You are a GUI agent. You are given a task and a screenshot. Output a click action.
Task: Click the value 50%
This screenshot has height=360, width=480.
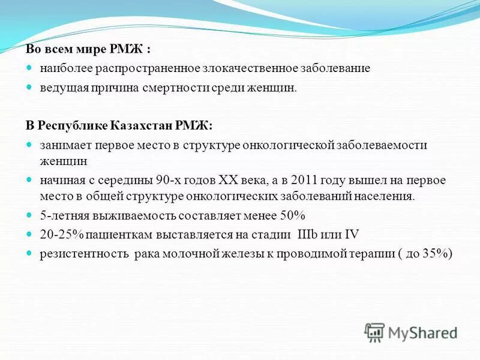pyautogui.click(x=293, y=215)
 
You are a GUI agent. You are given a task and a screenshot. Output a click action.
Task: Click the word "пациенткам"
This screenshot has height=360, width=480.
pyautogui.click(x=115, y=235)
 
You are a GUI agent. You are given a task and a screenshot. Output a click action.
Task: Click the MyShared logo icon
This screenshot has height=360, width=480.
pyautogui.click(x=375, y=332)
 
